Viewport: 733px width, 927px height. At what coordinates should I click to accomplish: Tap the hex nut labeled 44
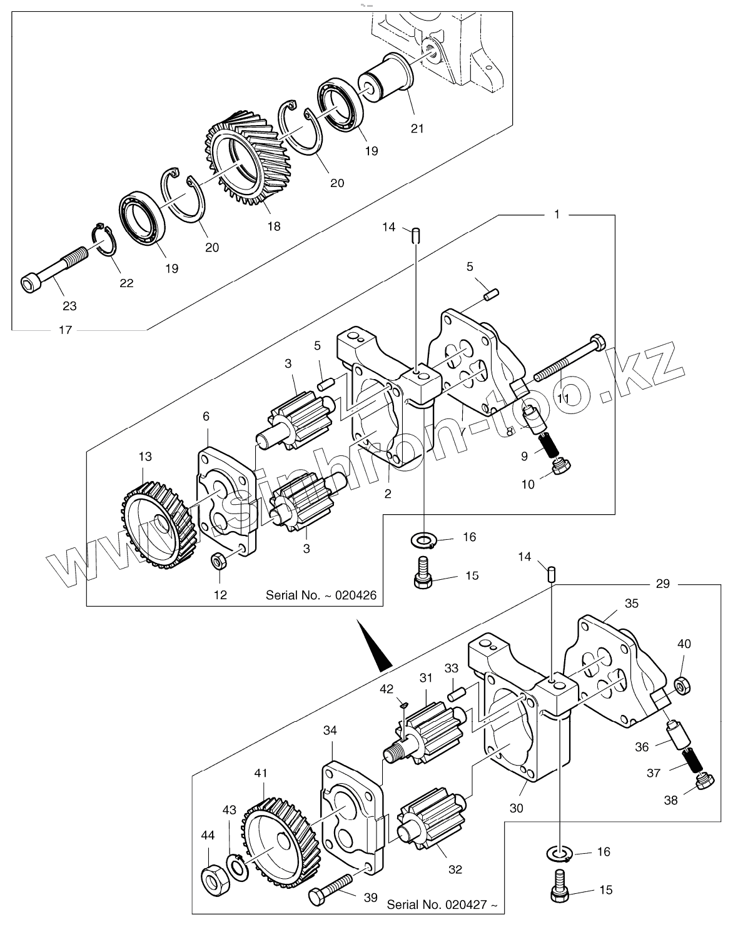pos(213,880)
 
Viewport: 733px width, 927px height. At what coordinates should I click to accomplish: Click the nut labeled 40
pos(684,685)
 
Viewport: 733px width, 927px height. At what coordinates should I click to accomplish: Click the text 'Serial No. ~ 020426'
pos(321,594)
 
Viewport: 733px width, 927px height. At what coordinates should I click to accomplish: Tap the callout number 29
pos(663,584)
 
